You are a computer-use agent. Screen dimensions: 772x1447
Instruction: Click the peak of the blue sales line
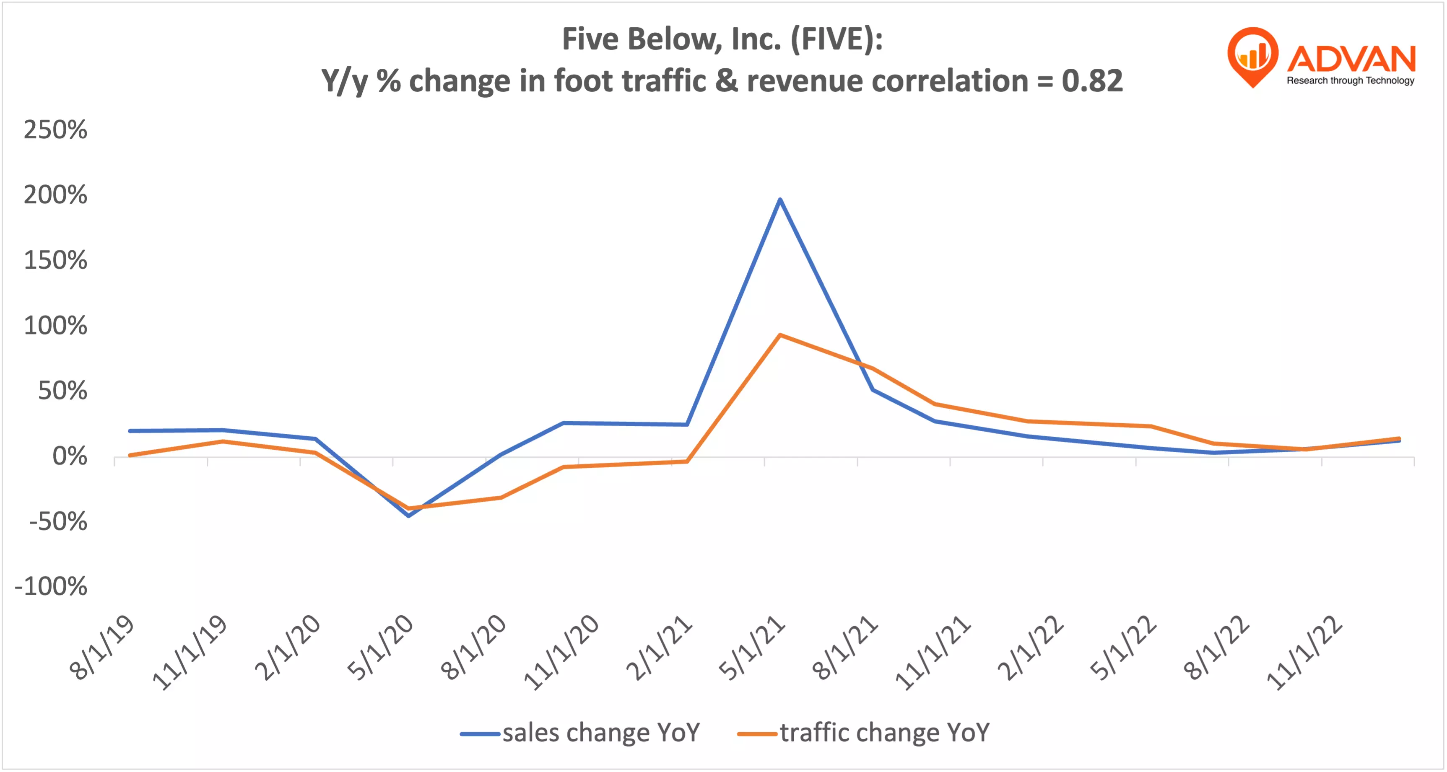point(779,200)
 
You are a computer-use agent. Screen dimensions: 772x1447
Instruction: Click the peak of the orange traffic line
point(779,335)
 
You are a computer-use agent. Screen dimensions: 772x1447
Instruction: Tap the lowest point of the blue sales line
point(408,516)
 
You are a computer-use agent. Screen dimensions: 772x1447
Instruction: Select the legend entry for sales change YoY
point(580,733)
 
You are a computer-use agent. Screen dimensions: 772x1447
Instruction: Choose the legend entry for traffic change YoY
point(863,733)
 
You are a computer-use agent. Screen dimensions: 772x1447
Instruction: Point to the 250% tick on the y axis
point(55,130)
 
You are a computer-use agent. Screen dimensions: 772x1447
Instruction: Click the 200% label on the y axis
point(55,195)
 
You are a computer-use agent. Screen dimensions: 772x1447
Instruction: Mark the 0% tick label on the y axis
point(70,456)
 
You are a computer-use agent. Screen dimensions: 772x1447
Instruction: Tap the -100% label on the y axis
point(51,586)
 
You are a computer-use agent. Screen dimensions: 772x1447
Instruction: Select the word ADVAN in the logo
point(1351,59)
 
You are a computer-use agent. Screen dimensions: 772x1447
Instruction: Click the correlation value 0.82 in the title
point(1092,81)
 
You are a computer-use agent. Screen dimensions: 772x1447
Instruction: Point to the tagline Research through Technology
point(1351,80)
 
